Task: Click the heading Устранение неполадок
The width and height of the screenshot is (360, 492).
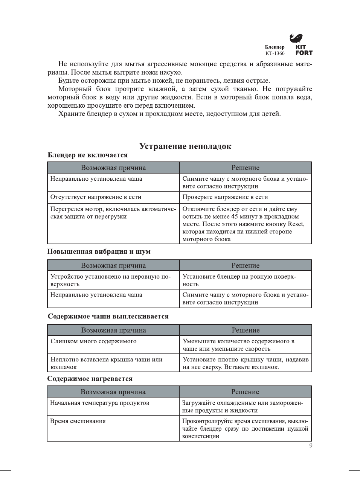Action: [185, 146]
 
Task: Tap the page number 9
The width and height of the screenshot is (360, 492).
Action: [311, 446]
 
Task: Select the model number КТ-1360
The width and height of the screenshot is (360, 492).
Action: [275, 53]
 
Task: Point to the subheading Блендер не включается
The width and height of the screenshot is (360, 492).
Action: [88, 155]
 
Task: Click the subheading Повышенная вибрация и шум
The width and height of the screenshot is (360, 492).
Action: [99, 251]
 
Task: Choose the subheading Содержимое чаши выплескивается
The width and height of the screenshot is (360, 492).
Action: [108, 316]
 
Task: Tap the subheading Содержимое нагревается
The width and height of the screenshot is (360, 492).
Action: [90, 379]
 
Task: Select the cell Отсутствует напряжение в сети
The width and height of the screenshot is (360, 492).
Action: [96, 197]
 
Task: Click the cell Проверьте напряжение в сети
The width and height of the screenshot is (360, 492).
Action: [225, 197]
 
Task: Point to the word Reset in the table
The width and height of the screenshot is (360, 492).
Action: [296, 224]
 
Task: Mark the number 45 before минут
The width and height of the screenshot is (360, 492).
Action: [235, 216]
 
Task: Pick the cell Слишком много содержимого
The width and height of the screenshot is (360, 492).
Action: [93, 341]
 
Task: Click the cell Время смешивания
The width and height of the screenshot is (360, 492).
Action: [78, 421]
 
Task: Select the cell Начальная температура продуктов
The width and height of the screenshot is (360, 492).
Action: [99, 403]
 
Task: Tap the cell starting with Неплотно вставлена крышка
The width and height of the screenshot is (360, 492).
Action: [107, 363]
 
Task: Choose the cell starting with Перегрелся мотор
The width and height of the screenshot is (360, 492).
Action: [113, 213]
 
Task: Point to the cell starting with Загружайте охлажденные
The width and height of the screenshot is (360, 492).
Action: [243, 407]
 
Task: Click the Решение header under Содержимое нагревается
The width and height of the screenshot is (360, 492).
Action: [245, 392]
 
